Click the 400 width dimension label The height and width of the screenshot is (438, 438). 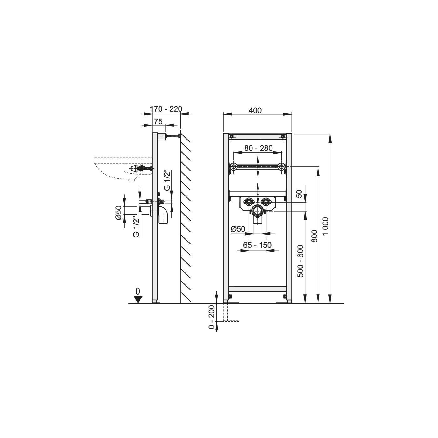point(255,110)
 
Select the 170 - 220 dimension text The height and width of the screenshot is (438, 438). point(166,109)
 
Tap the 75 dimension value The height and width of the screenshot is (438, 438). point(158,122)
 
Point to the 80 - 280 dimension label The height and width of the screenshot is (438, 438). point(258,148)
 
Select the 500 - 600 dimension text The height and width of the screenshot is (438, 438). point(300,261)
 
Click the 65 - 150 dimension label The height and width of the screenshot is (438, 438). point(257,245)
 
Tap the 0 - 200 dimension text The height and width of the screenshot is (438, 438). point(211,317)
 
